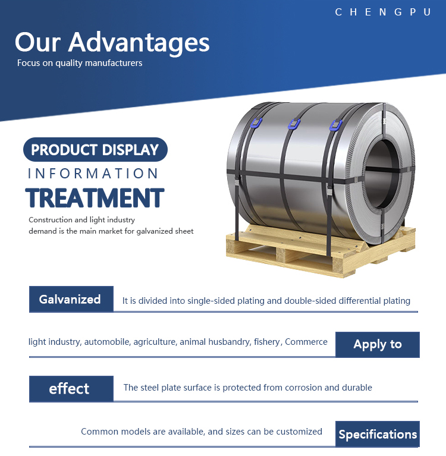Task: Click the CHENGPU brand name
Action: (383, 12)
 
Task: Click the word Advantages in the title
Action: (139, 42)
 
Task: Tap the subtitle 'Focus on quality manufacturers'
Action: (80, 63)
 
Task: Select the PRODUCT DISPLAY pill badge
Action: (95, 149)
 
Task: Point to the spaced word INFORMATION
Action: (93, 174)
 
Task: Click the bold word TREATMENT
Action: (95, 198)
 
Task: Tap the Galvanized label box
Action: (71, 299)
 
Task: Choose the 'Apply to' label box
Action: (378, 344)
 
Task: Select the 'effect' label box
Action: (71, 389)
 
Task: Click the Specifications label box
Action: (378, 434)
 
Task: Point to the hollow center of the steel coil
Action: (381, 174)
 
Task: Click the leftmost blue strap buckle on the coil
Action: (256, 122)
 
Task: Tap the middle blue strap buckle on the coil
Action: (294, 124)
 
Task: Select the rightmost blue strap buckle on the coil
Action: (335, 125)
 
